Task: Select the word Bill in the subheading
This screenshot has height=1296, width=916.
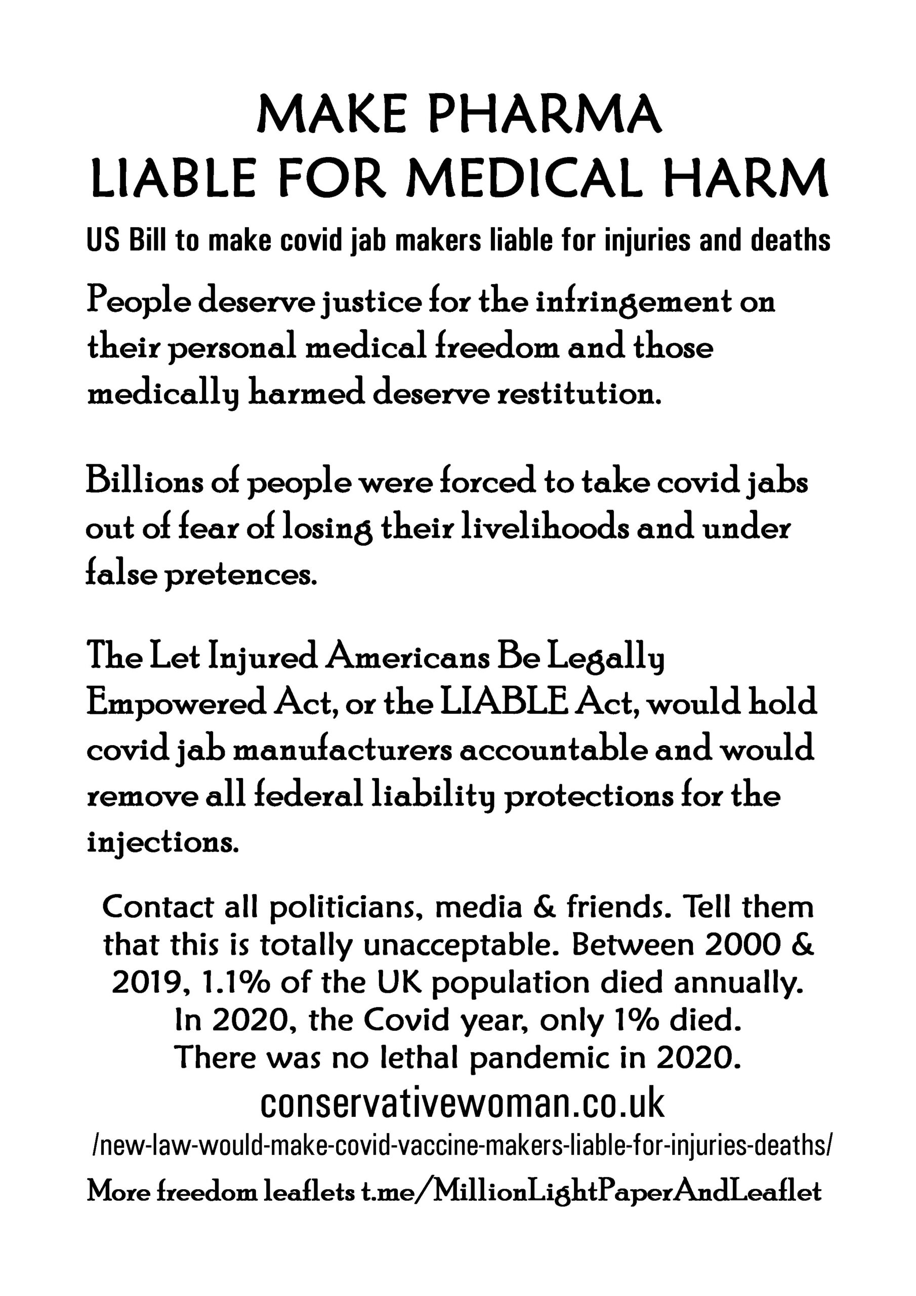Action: coord(147,240)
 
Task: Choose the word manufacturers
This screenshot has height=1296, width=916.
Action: coord(343,750)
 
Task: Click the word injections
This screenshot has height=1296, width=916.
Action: coord(160,841)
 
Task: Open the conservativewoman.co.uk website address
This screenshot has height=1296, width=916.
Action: coord(462,1103)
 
